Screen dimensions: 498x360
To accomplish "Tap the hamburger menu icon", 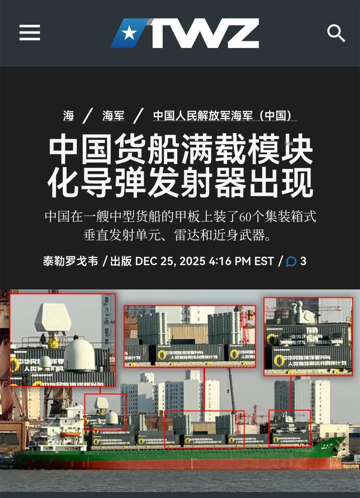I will (30, 33).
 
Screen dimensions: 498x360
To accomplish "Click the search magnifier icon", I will (335, 33).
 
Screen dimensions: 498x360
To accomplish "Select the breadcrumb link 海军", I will (113, 116).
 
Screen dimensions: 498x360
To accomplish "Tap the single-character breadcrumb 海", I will (68, 116).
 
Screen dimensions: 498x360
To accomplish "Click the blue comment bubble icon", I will (291, 261).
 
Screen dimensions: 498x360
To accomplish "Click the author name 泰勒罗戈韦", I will (70, 261).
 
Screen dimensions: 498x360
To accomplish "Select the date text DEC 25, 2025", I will (170, 261).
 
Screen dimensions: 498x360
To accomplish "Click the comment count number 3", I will (303, 261).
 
